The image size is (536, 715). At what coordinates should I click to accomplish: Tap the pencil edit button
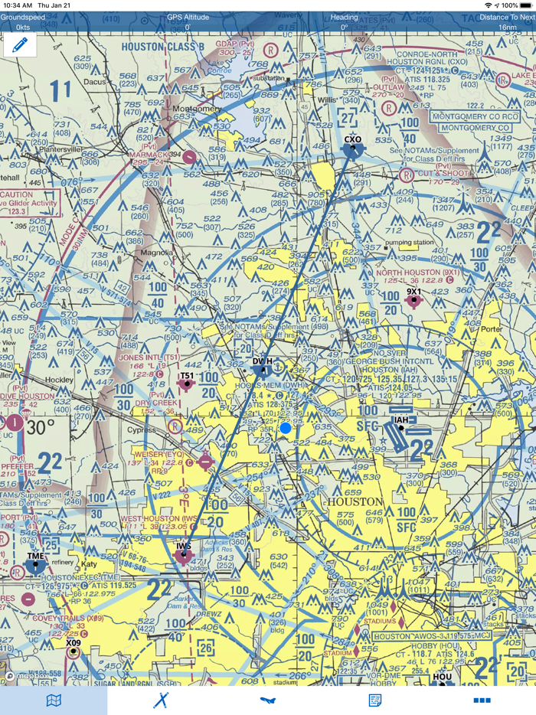point(20,45)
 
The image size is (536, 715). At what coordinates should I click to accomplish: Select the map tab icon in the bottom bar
point(54,700)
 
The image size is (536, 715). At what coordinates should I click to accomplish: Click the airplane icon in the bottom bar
point(267,700)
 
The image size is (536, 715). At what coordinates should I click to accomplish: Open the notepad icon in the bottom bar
point(375,700)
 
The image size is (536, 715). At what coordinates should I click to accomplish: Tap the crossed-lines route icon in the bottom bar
point(161,700)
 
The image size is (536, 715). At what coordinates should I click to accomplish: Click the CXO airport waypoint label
point(352,140)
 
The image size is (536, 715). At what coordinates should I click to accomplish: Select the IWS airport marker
point(184,557)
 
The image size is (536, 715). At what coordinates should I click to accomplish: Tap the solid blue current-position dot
point(286,429)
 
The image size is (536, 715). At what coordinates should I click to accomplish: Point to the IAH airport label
point(400,420)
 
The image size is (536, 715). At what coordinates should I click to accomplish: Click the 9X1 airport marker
point(414,300)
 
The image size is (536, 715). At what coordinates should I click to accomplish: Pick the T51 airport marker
point(186,384)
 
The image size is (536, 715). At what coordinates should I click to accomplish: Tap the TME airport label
point(35,557)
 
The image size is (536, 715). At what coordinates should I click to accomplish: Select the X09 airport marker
point(73,651)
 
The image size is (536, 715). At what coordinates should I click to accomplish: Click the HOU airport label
point(442,677)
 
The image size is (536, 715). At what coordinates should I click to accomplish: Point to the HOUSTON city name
point(354,502)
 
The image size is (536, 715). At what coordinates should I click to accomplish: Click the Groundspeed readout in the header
point(23,21)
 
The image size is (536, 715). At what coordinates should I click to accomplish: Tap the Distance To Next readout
point(507,21)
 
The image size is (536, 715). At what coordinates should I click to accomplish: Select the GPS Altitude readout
point(188,21)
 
